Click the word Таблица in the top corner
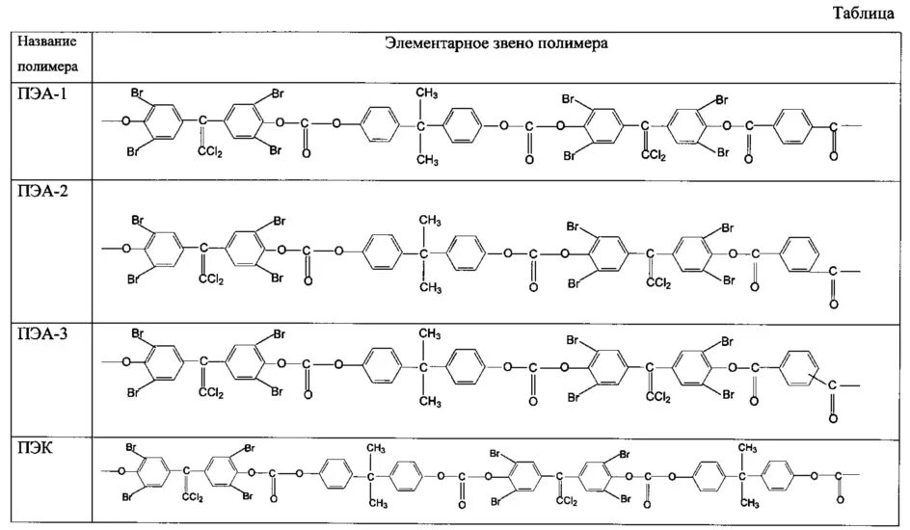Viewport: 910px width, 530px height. coord(870,15)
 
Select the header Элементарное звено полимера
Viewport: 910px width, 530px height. coord(496,43)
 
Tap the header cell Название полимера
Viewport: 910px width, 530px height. coord(54,56)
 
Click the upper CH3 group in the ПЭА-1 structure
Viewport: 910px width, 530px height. coord(428,93)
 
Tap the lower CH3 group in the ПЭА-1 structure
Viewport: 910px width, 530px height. coord(428,160)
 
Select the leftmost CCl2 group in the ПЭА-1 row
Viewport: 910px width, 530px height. coord(209,151)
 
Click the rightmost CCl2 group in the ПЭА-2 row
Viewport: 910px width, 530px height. coord(659,283)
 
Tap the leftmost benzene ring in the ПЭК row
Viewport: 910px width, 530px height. coord(147,474)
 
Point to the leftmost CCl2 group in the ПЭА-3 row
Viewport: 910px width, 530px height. coord(209,393)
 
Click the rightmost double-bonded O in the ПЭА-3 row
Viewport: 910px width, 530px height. coord(833,418)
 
